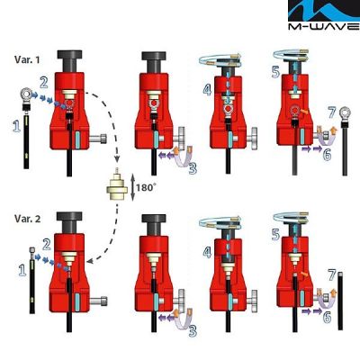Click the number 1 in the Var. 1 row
[x=14, y=129]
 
